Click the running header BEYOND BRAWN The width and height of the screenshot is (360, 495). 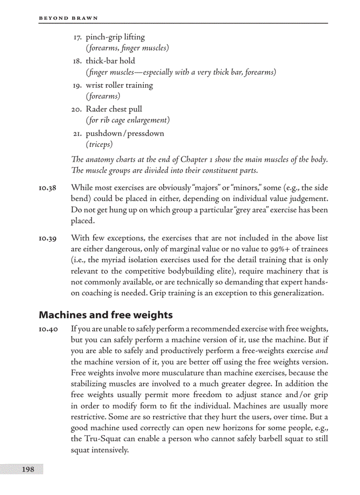pos(68,18)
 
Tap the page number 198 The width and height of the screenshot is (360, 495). pos(28,469)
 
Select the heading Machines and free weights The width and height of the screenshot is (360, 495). pos(105,315)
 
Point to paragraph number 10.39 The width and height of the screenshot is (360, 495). pos(47,238)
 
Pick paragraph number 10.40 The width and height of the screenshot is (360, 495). pos(47,329)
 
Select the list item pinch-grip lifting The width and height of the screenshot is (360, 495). pos(115,37)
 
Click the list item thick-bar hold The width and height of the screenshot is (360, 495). pos(110,61)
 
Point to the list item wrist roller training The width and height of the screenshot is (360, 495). pos(119,85)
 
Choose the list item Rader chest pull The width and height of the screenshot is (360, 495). pos(114,109)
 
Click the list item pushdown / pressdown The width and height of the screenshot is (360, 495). pos(125,134)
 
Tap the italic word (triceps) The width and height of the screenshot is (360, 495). pos(99,144)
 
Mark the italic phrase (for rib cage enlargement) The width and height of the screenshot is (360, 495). pos(127,120)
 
